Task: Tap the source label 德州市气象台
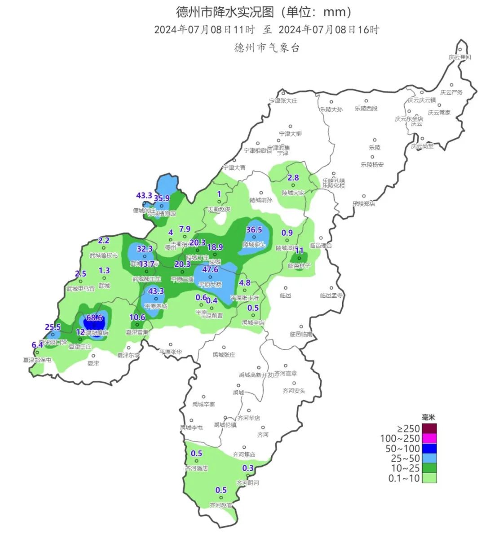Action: (267, 47)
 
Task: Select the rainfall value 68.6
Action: (95, 318)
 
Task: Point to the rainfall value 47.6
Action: (210, 269)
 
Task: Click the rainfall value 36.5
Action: (254, 229)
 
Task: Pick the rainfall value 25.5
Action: (53, 327)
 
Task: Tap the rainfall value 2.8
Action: (293, 178)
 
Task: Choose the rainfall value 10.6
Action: (137, 317)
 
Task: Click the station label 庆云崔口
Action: (459, 57)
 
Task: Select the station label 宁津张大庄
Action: (283, 101)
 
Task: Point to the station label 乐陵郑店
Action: (364, 203)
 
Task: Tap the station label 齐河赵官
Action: (221, 505)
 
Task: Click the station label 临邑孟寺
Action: (331, 295)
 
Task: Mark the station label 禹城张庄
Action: (224, 354)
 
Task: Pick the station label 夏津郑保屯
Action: (37, 360)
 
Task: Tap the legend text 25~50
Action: (402, 458)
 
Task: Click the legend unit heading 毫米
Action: (429, 418)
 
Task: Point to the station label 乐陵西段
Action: (366, 108)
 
